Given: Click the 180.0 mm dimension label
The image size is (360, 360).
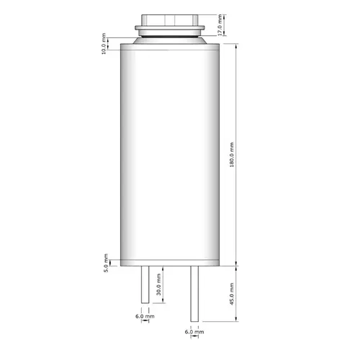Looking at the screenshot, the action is coord(232,155).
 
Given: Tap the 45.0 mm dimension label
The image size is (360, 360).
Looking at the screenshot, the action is coord(232,294).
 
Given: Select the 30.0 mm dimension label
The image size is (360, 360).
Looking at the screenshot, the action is coord(158,284).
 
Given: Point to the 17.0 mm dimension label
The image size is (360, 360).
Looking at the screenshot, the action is coord(220,25).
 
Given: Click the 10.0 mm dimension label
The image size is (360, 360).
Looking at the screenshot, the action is coord(104,44).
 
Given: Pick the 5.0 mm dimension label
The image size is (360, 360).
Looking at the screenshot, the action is coord(106,263).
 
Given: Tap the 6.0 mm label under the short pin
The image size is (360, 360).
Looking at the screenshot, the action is coord(145,316).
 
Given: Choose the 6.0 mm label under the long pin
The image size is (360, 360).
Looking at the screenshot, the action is coord(194,332).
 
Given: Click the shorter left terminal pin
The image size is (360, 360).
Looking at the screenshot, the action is coord(145,284).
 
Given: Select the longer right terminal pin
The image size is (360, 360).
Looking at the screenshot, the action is coord(194,294).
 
